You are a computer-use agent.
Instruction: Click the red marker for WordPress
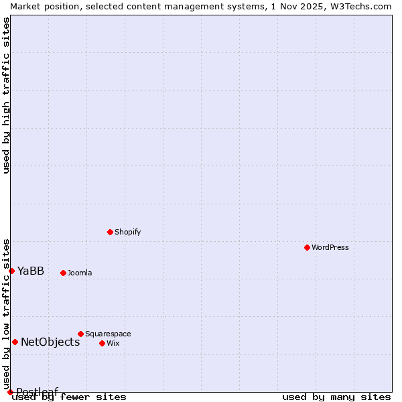coord(307,247)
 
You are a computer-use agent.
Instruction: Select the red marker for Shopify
coord(110,232)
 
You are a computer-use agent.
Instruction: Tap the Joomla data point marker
coord(63,273)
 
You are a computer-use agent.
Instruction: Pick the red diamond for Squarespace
coord(80,334)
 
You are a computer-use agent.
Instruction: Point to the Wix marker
coord(102,343)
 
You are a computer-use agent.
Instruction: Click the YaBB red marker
coord(11,271)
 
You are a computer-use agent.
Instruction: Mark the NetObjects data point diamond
coord(15,342)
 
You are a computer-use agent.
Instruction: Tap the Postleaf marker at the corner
coord(10,392)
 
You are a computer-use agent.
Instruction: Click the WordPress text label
coord(330,247)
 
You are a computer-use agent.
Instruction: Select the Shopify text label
coord(127,232)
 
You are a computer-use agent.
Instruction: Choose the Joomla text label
coord(80,273)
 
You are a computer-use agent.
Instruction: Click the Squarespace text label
coord(108,334)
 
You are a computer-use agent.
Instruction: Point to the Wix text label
coord(113,343)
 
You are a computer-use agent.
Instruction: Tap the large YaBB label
coord(31,271)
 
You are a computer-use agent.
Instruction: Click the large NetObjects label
coord(50,342)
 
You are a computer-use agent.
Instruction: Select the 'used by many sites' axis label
coord(336,397)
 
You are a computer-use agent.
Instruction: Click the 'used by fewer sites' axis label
coord(70,397)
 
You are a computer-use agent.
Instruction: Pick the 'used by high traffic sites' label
coord(7,95)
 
